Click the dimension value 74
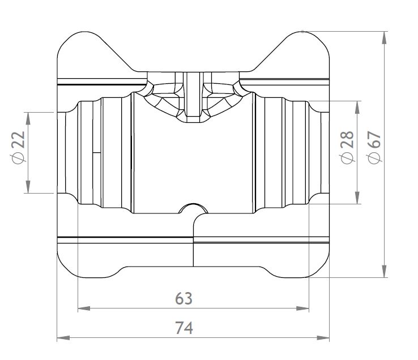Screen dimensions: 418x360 [x=184, y=328]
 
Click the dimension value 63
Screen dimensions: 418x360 [x=184, y=298]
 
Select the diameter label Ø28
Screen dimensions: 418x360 [x=347, y=147]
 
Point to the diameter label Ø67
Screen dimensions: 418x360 [x=374, y=147]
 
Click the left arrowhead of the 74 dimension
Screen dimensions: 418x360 [x=63, y=337]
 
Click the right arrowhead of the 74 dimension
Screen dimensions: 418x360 [x=323, y=337]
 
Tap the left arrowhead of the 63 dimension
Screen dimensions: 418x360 [x=84, y=308]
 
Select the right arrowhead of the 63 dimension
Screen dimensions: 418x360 [x=302, y=308]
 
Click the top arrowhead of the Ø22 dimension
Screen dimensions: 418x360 [x=28, y=118]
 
